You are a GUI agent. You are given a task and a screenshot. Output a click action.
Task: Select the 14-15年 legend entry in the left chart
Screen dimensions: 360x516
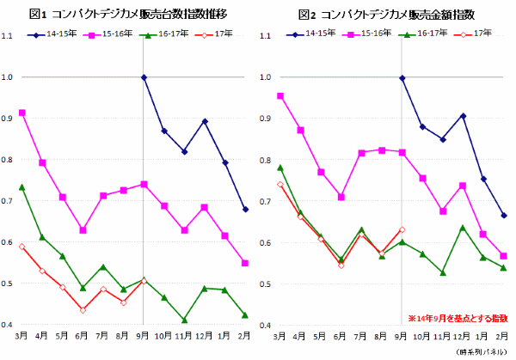pos(53,34)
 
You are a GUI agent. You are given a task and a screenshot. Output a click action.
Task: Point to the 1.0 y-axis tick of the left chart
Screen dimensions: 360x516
pos(8,77)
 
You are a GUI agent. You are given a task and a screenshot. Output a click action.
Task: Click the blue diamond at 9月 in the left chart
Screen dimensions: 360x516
pos(144,77)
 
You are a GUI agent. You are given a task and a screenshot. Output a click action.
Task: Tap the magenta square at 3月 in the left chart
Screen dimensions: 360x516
pos(21,113)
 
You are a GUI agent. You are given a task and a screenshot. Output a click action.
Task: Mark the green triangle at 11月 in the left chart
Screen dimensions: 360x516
pos(184,320)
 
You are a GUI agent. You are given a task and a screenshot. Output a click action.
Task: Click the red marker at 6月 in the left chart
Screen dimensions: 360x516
pos(83,310)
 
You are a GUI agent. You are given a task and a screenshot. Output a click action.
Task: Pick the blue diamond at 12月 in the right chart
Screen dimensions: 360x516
pos(463,115)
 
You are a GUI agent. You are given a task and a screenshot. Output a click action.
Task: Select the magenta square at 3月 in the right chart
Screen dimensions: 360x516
pos(280,96)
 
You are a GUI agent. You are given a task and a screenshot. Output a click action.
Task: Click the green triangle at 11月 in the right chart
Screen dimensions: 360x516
pos(442,273)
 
